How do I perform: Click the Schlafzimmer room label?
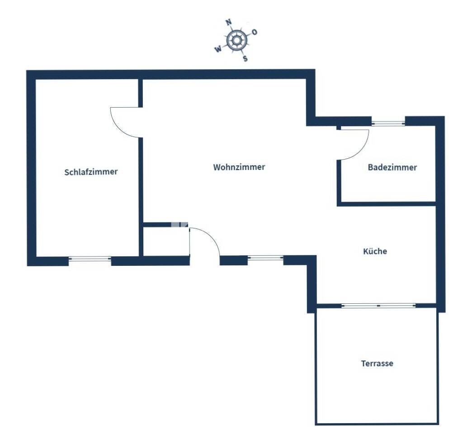click(91, 172)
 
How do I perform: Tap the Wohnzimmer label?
click(239, 167)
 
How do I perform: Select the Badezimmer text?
click(392, 167)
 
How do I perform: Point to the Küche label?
click(375, 251)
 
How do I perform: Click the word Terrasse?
click(377, 363)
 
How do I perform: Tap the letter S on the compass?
click(245, 58)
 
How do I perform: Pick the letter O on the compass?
click(254, 32)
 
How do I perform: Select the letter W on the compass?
click(218, 49)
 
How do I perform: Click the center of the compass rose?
click(236, 40)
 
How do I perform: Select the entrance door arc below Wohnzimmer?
click(210, 236)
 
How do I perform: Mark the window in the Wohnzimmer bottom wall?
click(265, 258)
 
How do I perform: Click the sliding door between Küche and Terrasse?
click(378, 306)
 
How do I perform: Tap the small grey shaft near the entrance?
click(179, 224)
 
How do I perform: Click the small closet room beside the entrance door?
click(166, 241)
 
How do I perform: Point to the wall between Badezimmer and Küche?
click(387, 204)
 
